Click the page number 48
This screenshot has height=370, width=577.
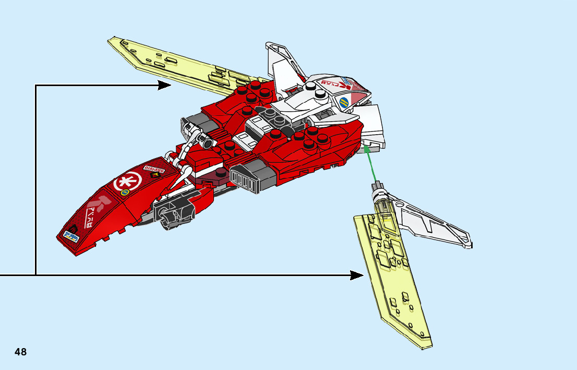coord(20,352)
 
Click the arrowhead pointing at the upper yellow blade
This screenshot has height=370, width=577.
coord(165,85)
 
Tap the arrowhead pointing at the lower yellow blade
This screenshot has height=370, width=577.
coord(357,275)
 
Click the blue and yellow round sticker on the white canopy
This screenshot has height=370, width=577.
coord(344,102)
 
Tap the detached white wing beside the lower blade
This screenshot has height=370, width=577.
coord(433,219)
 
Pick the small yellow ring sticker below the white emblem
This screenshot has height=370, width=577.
coord(125,193)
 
